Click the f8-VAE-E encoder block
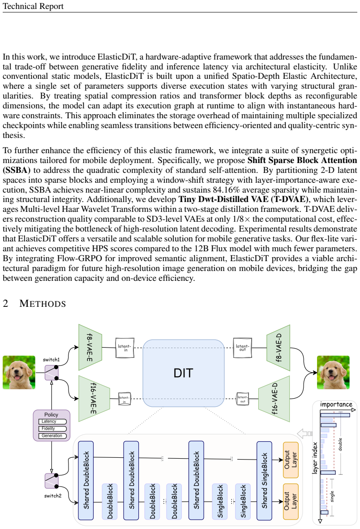pyautogui.click(x=90, y=348)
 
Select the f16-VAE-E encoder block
pyautogui.click(x=94, y=399)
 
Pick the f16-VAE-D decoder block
pyautogui.click(x=274, y=399)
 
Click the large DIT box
pyautogui.click(x=184, y=373)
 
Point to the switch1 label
pyautogui.click(x=51, y=360)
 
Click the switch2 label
pyautogui.click(x=53, y=495)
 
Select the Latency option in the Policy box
pyautogui.click(x=52, y=421)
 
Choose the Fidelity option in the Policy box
pyautogui.click(x=52, y=429)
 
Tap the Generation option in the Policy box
pyautogui.click(x=52, y=435)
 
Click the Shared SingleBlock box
pyautogui.click(x=264, y=481)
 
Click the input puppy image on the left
pyautogui.click(x=19, y=373)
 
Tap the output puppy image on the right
pyautogui.click(x=333, y=373)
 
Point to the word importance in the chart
pyautogui.click(x=336, y=404)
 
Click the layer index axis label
pyautogui.click(x=315, y=458)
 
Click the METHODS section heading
pyautogui.click(x=43, y=304)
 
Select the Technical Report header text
pyautogui.click(x=33, y=6)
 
